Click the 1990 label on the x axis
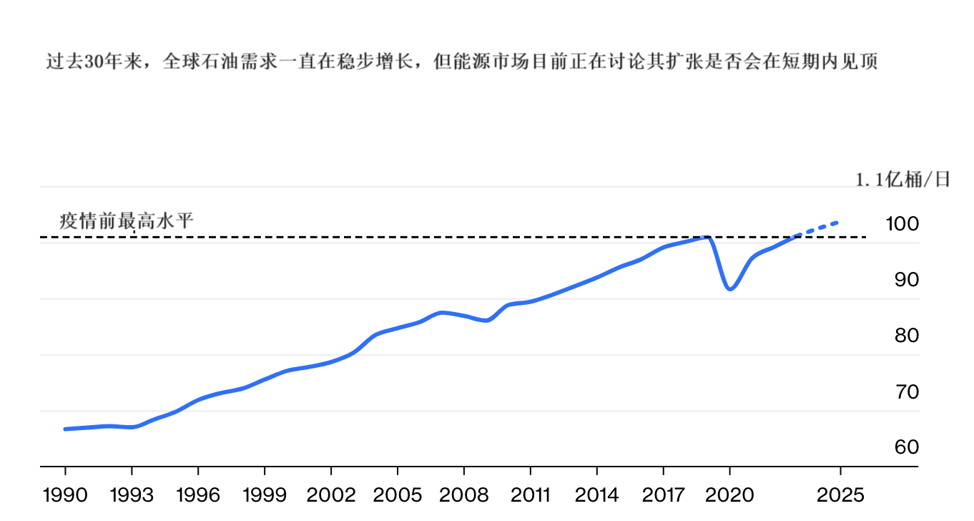65,495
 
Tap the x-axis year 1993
132,495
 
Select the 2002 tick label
331,495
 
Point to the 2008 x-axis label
464,495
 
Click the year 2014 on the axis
596,495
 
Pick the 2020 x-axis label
729,495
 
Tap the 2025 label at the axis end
840,495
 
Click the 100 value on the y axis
902,224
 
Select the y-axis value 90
906,280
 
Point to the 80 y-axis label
906,336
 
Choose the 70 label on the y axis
906,391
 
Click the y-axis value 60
906,447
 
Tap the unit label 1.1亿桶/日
903,180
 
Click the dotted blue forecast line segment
819,228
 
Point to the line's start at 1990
66,429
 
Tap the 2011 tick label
530,495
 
